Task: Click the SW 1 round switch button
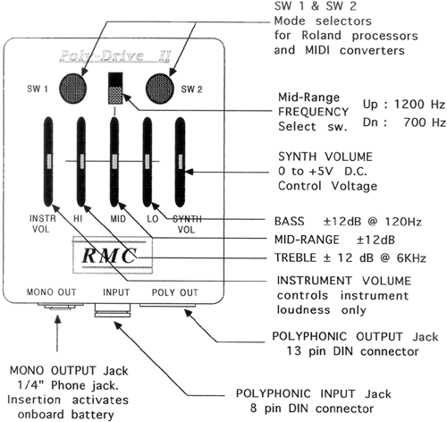coord(73,89)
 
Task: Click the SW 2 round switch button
coord(160,89)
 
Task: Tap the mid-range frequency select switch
coord(115,88)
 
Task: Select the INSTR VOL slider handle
coord(49,161)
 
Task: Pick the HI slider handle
coord(81,161)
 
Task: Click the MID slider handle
coord(114,161)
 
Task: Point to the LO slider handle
coord(147,161)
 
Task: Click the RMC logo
coord(109,256)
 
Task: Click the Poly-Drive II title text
coord(114,56)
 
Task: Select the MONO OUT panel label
coord(51,292)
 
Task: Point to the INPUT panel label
coord(116,292)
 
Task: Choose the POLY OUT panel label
coord(175,292)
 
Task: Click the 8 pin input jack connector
coord(113,310)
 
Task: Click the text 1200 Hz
coord(419,105)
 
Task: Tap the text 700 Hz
coord(425,122)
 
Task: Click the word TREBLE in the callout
coord(295,257)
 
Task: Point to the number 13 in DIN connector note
coord(294,351)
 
